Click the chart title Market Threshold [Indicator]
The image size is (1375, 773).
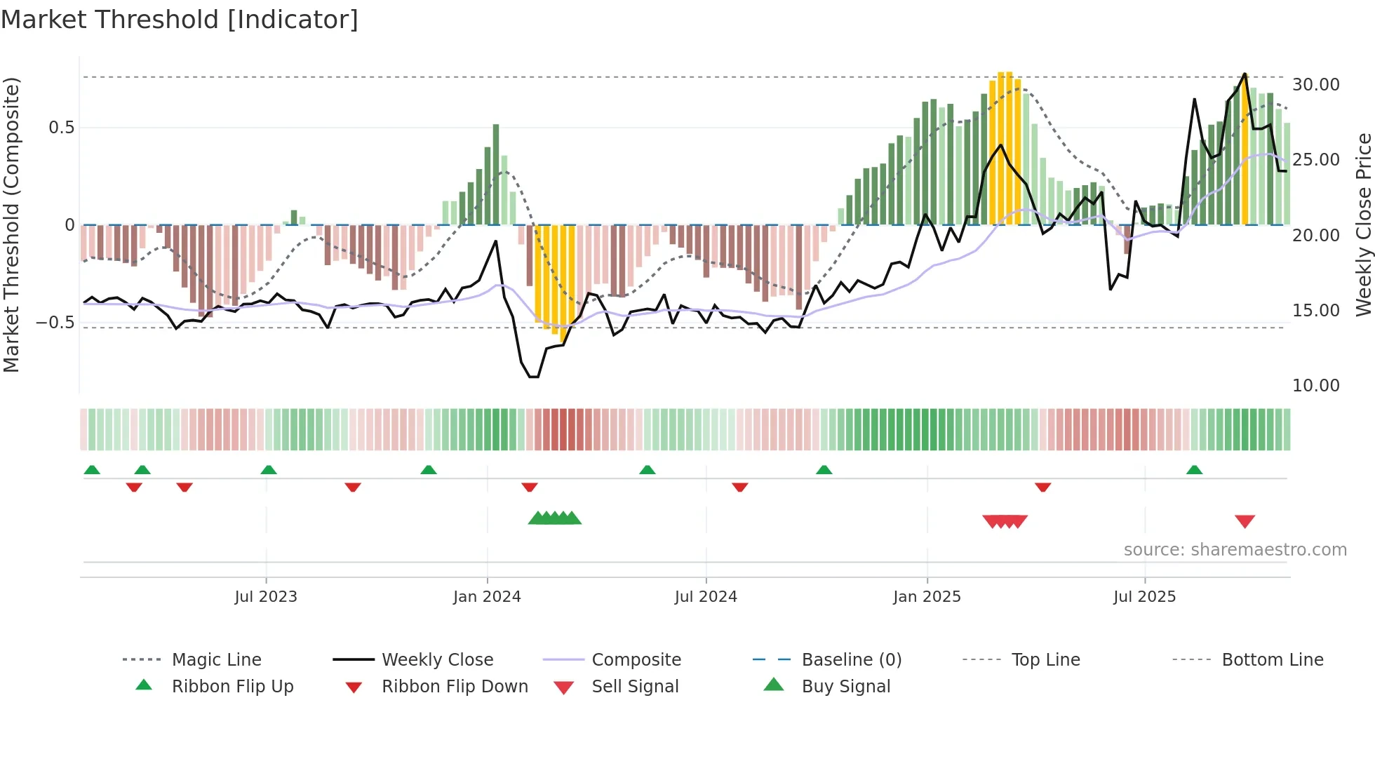pos(180,20)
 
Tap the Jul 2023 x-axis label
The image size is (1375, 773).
pos(266,597)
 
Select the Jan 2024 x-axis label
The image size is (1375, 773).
pos(487,597)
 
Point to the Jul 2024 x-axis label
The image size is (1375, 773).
pos(706,597)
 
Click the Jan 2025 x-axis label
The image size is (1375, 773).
pos(927,597)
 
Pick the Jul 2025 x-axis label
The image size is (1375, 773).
pos(1144,597)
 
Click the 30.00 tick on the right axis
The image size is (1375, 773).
pos(1316,85)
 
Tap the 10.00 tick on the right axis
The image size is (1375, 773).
pos(1316,386)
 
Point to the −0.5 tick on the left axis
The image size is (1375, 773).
pos(55,323)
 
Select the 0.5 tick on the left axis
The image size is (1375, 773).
pos(61,128)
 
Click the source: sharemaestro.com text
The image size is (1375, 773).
pos(1235,550)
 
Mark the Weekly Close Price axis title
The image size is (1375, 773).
pos(1363,224)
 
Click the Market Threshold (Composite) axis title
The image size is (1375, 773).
pos(11,224)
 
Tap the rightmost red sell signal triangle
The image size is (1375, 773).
pos(1245,521)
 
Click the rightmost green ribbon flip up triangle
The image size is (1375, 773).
pos(1194,470)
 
